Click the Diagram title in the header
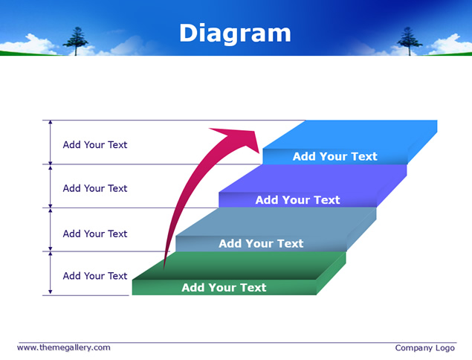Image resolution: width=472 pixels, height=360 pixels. [235, 33]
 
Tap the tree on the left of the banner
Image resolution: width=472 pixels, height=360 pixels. [76, 41]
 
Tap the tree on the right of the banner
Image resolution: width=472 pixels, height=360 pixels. [410, 41]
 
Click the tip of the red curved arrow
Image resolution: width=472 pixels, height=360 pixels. [259, 152]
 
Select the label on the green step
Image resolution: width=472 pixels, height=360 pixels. [224, 287]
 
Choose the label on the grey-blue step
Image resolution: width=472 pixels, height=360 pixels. [261, 243]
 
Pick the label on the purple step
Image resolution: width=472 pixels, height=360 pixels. [298, 200]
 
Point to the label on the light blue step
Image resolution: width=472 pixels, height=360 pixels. [334, 156]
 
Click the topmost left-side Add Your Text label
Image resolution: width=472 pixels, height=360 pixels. [95, 144]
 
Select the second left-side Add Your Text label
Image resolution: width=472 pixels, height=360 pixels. [95, 188]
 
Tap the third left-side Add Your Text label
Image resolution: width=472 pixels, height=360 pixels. [95, 234]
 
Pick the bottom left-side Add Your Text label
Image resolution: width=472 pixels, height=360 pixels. [95, 276]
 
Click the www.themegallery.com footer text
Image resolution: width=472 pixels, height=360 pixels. [63, 347]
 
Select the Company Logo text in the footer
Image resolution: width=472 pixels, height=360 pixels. [424, 348]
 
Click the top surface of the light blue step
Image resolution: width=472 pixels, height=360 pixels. [350, 135]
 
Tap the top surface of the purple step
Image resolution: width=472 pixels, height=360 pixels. [313, 179]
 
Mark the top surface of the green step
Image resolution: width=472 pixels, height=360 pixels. [239, 266]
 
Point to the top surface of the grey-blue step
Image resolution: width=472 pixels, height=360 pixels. [276, 222]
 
